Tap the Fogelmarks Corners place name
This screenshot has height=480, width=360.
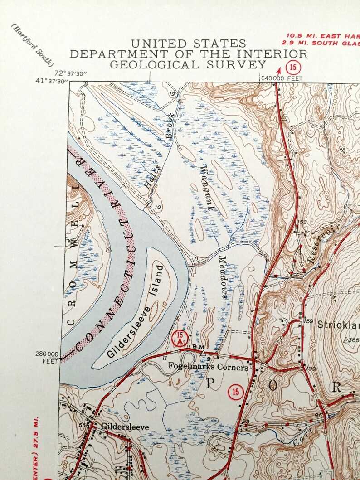tap(208, 366)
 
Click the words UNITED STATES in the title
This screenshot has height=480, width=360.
tap(189, 44)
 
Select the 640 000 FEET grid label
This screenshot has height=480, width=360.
tap(278, 78)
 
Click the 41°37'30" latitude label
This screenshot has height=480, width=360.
tap(52, 81)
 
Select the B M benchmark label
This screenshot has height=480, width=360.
tap(198, 346)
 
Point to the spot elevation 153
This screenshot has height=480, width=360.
tap(302, 222)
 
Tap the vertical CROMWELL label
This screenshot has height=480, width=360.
tap(73, 254)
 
